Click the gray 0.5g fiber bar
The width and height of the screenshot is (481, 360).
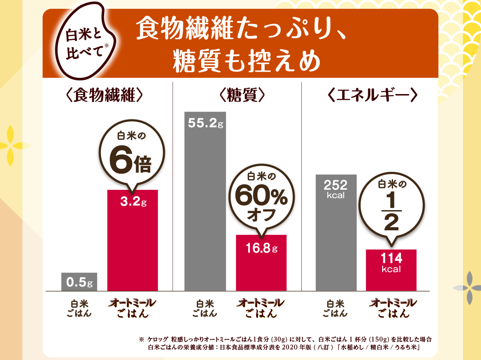[x=79, y=282]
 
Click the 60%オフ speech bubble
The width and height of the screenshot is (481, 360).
[x=261, y=196]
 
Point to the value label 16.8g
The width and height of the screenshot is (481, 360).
[x=261, y=249]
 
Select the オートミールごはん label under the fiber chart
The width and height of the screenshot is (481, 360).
[x=133, y=308]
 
